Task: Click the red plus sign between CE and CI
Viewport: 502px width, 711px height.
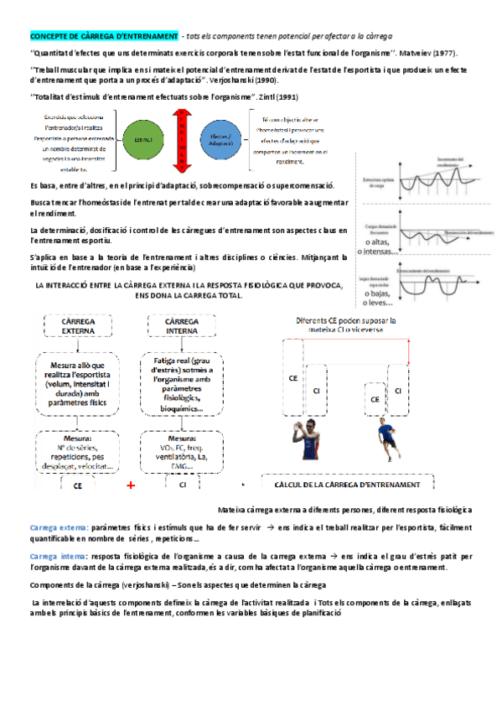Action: (131, 485)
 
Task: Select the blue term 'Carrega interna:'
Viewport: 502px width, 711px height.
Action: (56, 556)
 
